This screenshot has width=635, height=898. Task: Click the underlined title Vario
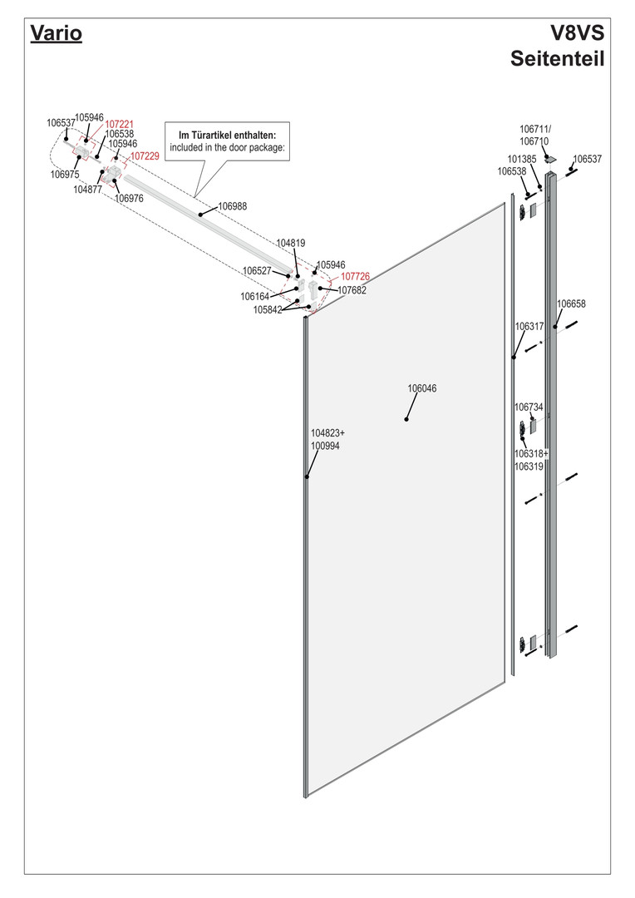(56, 34)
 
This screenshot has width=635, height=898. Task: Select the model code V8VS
(577, 33)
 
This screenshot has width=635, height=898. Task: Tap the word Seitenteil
(556, 60)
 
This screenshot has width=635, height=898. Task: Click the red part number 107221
(119, 125)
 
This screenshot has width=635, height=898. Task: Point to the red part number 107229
(145, 155)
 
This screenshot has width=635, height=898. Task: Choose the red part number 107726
(355, 276)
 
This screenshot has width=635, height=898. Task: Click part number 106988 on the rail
(232, 205)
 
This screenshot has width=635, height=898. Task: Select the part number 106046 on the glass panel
(421, 388)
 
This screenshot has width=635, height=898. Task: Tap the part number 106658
(571, 303)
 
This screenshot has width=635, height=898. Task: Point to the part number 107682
(352, 290)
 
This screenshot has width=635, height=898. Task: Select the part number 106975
(65, 175)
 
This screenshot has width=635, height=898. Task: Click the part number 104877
(87, 190)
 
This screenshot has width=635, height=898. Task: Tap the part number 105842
(268, 310)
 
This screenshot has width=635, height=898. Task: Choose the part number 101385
(521, 159)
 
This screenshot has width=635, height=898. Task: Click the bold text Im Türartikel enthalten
(227, 135)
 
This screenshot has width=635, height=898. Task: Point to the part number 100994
(325, 446)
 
